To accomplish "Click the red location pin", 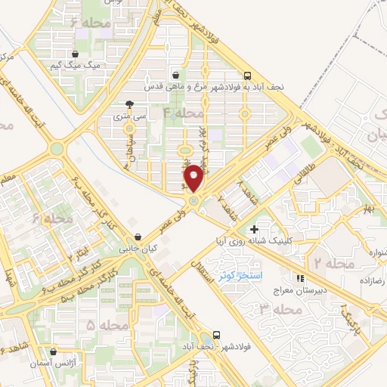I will (193, 176).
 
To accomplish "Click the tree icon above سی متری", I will (129, 104).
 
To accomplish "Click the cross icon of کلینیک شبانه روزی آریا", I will (254, 228).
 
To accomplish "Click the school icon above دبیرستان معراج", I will (301, 277).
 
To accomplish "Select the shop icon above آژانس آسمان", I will (52, 351).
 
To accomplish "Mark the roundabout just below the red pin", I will (193, 201).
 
